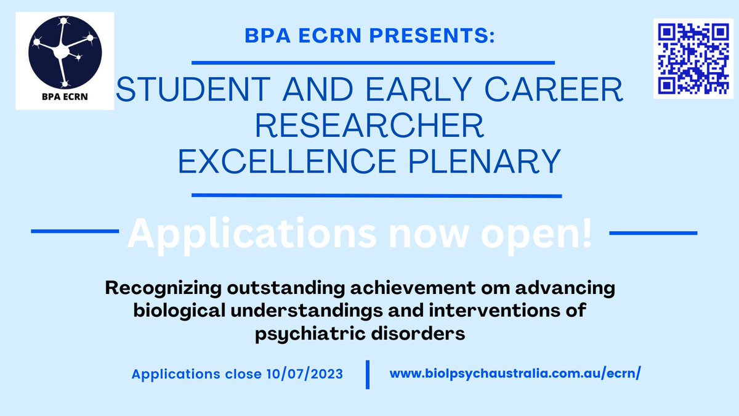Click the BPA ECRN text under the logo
click(64, 98)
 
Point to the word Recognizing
click(174, 288)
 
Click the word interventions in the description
click(483, 312)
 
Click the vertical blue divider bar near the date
click(368, 375)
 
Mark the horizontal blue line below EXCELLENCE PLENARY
click(377, 196)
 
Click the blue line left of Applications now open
click(75, 232)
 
